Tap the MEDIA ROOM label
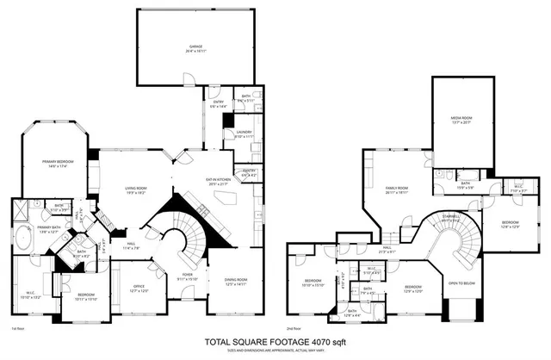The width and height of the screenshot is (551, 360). (462, 119)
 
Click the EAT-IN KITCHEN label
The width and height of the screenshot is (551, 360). (219, 181)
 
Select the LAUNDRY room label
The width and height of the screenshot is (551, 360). (244, 133)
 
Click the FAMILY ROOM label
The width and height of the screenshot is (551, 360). (396, 189)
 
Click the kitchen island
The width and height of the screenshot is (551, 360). (226, 201)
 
